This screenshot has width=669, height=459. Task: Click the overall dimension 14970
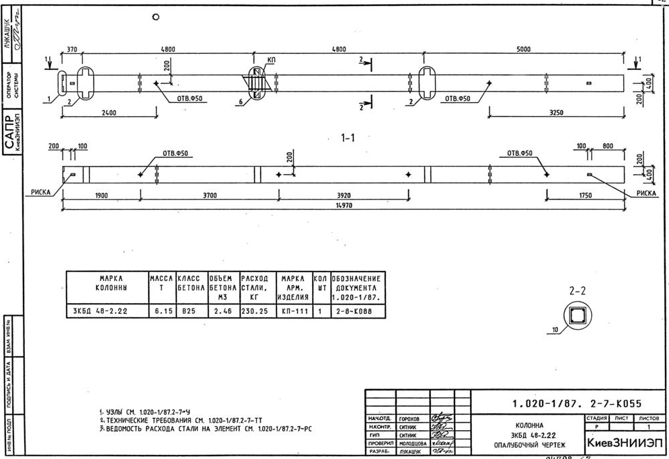343,206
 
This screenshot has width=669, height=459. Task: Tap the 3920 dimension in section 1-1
343,196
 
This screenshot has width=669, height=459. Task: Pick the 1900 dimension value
102,196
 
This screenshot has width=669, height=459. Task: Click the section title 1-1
347,138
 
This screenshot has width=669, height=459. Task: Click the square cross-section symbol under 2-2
578,315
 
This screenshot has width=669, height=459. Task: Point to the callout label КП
272,60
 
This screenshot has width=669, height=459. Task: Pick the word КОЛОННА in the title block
533,425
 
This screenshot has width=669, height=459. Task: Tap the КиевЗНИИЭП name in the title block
625,443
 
